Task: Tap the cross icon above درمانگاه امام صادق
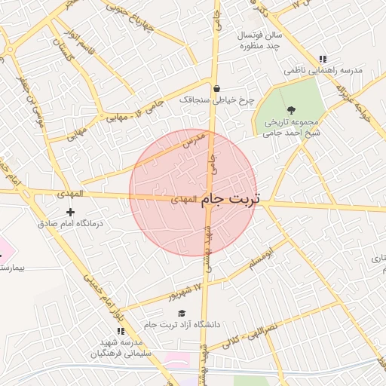(71, 213)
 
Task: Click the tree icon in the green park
(292, 110)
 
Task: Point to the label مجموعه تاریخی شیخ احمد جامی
(290, 127)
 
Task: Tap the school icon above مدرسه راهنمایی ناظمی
(323, 59)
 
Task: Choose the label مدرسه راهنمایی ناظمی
(323, 70)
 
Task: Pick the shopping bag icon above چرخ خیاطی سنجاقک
(216, 87)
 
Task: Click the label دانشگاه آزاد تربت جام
(185, 325)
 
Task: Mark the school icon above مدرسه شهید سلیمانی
(120, 330)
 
